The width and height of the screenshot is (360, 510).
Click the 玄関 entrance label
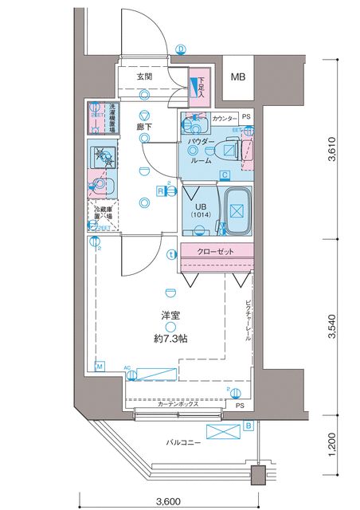click(x=144, y=76)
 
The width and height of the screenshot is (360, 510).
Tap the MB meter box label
click(x=237, y=77)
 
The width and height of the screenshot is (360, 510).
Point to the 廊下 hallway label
click(x=143, y=125)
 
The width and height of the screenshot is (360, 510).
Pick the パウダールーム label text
click(x=202, y=151)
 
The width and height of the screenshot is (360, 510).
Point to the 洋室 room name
click(x=170, y=316)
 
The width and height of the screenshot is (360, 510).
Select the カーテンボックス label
click(x=178, y=405)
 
